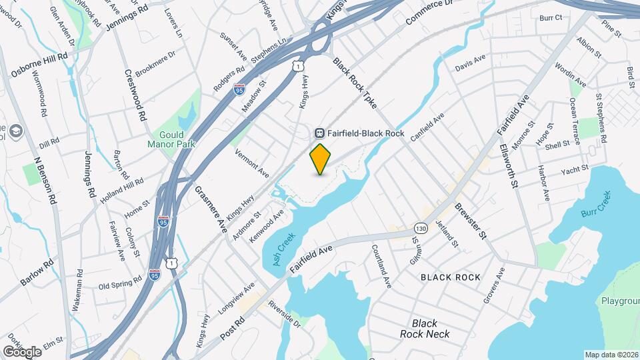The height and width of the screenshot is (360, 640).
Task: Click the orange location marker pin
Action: tap(321, 158)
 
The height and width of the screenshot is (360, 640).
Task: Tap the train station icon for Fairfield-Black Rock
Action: tap(320, 133)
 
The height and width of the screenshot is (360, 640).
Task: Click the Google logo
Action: tap(22, 351)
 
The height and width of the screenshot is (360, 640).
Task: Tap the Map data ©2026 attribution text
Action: tap(611, 355)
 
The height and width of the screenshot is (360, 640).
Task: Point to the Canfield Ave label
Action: tap(427, 127)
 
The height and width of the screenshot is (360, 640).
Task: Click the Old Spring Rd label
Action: tap(120, 282)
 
